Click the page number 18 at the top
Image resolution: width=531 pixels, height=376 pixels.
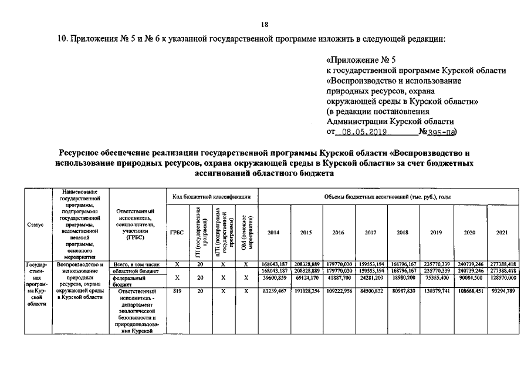(265, 24)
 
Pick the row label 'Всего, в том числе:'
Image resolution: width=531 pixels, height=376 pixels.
(137, 265)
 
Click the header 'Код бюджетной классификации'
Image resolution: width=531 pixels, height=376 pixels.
(211, 197)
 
